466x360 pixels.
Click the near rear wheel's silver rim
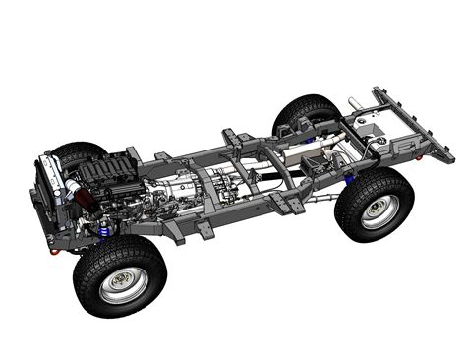click(378, 211)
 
